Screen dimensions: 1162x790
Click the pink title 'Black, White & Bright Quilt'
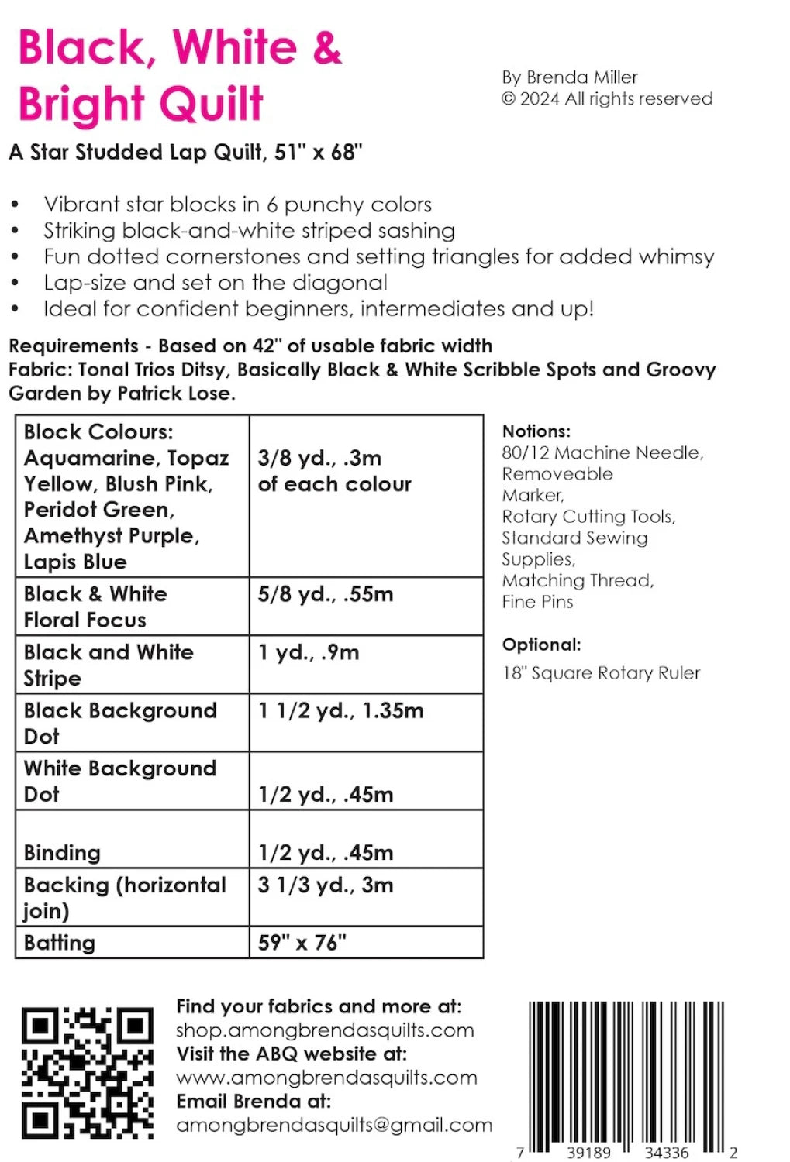point(179,75)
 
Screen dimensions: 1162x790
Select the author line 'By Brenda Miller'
point(569,77)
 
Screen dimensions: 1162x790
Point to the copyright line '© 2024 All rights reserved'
point(606,99)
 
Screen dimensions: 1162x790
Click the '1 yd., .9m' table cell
point(309,652)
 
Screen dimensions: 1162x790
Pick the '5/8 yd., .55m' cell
point(326,594)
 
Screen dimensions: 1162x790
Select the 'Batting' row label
point(60,943)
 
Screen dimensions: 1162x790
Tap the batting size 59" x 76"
point(302,943)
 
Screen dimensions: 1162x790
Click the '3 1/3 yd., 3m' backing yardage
point(326,885)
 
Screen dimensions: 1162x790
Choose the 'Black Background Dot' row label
point(119,723)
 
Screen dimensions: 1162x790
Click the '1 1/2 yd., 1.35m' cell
point(340,710)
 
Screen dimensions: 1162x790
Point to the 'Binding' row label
point(62,853)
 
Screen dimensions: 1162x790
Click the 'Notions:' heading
point(536,431)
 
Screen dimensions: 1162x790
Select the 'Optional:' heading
point(541,645)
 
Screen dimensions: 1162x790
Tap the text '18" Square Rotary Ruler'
point(601,673)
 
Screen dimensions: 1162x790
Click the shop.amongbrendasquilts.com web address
point(325,1030)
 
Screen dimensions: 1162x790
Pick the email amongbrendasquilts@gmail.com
point(334,1125)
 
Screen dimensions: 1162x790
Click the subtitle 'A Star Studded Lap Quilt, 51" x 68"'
point(185,152)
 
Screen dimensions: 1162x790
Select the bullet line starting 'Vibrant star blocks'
point(237,205)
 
